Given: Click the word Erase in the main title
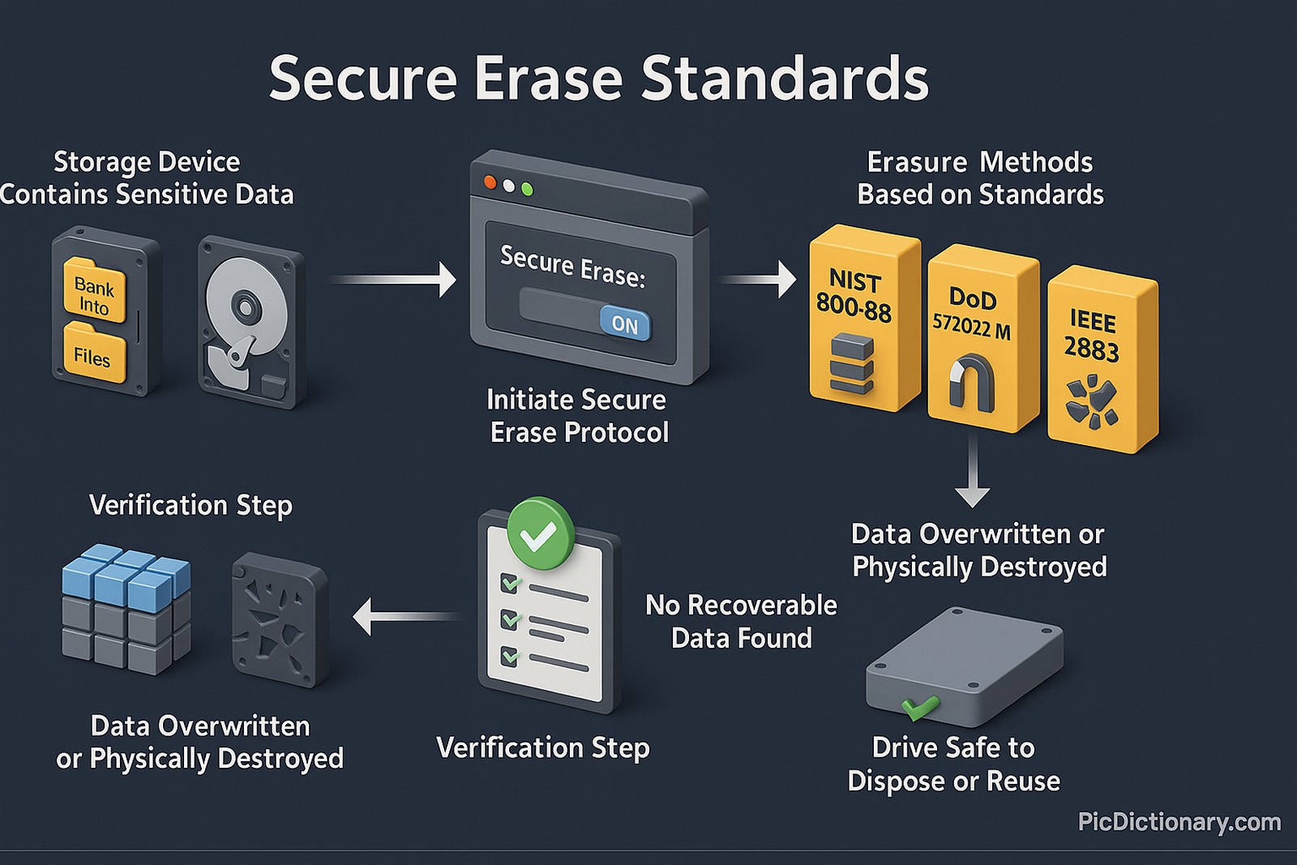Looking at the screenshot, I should (x=548, y=79).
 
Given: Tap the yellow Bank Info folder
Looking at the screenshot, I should (x=94, y=291).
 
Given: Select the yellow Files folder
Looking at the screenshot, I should (x=93, y=353).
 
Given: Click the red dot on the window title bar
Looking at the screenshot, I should (x=490, y=182).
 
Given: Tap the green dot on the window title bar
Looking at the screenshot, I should (x=528, y=190).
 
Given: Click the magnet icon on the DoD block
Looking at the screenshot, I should (x=972, y=381).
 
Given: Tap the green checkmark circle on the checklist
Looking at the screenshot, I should (x=539, y=534).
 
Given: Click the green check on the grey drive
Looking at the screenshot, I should (x=919, y=708).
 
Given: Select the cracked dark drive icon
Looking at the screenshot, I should (x=280, y=619).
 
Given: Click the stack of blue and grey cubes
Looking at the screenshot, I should (x=126, y=608).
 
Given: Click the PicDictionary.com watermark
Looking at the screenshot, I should (x=1179, y=822).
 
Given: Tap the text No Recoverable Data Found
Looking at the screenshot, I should (x=741, y=621).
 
